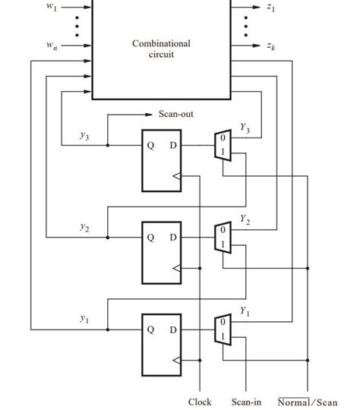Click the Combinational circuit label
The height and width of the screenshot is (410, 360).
tap(161, 49)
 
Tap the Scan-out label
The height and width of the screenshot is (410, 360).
tap(176, 115)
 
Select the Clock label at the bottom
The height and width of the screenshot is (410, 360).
tap(199, 402)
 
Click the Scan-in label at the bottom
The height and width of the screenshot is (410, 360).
tap(247, 402)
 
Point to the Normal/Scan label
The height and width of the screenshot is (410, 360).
tap(308, 402)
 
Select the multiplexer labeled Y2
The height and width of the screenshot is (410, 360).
tap(222, 238)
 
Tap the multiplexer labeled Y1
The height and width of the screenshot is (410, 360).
tap(222, 330)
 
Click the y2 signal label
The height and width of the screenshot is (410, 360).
tap(84, 227)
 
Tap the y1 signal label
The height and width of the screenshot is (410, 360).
tap(84, 320)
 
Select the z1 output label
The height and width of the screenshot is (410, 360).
tap(271, 8)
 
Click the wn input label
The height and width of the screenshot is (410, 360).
tap(51, 46)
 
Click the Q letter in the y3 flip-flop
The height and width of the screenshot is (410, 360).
tap(150, 145)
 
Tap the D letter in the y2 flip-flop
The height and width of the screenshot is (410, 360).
tap(172, 238)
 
